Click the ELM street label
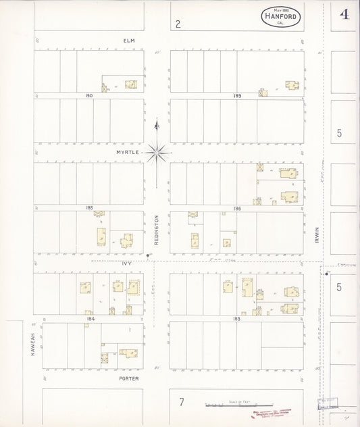click(129, 41)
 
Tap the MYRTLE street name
click(127, 153)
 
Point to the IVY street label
click(126, 263)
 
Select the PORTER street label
click(128, 378)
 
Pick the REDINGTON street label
click(156, 230)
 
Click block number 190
click(88, 96)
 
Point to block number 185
click(89, 208)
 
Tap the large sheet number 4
click(344, 14)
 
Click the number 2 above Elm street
click(178, 24)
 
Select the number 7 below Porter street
click(181, 403)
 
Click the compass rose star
click(156, 153)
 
